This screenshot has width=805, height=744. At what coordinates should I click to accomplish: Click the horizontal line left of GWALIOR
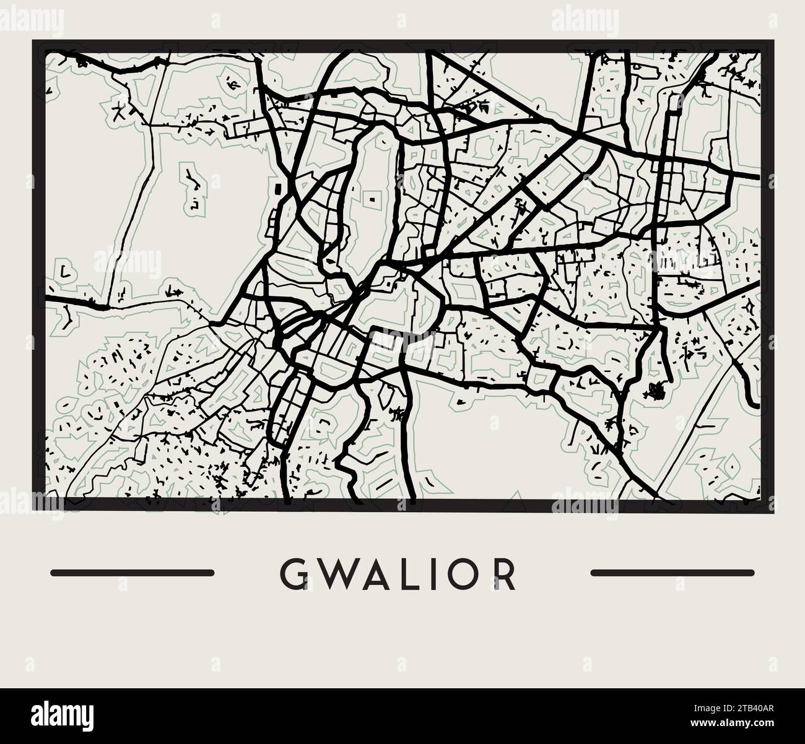point(132,573)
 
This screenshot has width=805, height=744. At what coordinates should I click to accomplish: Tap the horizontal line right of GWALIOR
point(672,573)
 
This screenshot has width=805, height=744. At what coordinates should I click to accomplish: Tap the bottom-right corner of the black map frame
point(770,508)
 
